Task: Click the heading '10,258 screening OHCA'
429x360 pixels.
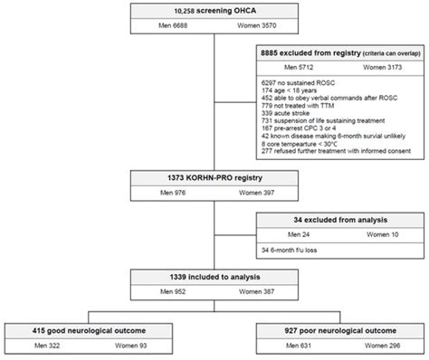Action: (214, 10)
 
